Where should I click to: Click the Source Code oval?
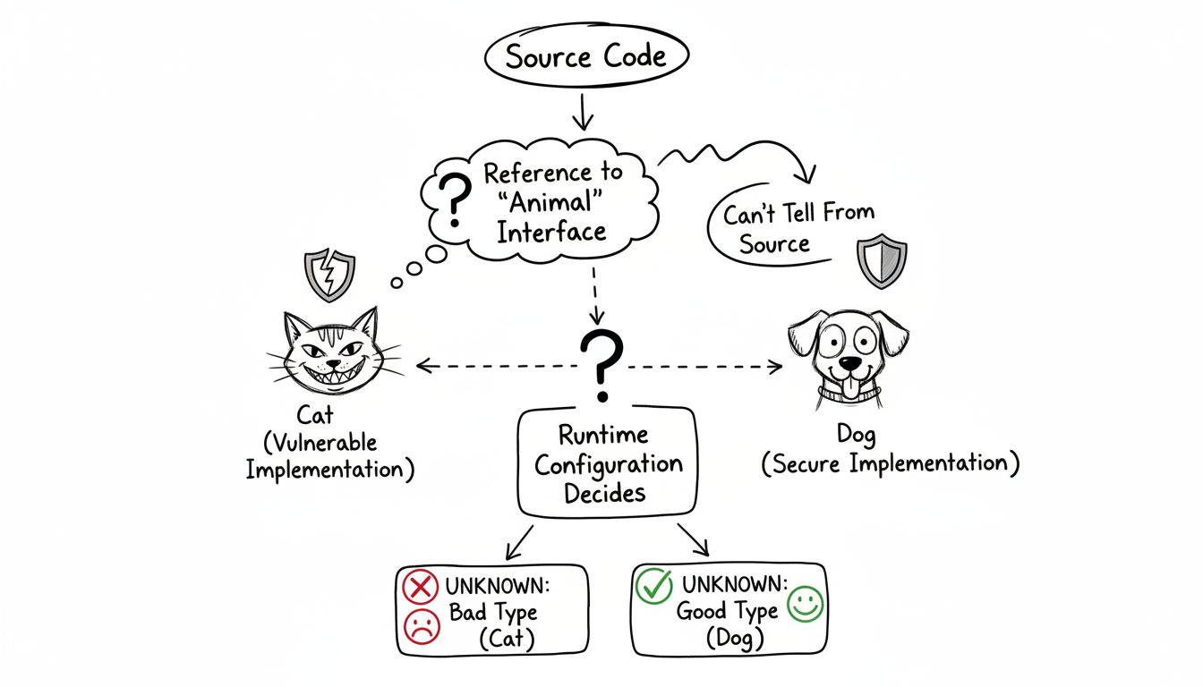pyautogui.click(x=585, y=57)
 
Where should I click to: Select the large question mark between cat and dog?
pyautogui.click(x=601, y=365)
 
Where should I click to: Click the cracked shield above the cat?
pyautogui.click(x=329, y=275)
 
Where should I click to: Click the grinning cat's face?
pyautogui.click(x=330, y=353)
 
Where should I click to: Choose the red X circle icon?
pyautogui.click(x=419, y=588)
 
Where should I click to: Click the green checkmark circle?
pyautogui.click(x=653, y=587)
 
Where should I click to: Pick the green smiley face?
pyautogui.click(x=805, y=606)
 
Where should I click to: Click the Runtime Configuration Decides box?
pyautogui.click(x=607, y=463)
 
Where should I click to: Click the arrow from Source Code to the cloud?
pyautogui.click(x=584, y=112)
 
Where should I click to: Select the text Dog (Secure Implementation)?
pyautogui.click(x=890, y=450)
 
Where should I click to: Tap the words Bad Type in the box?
pyautogui.click(x=493, y=613)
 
